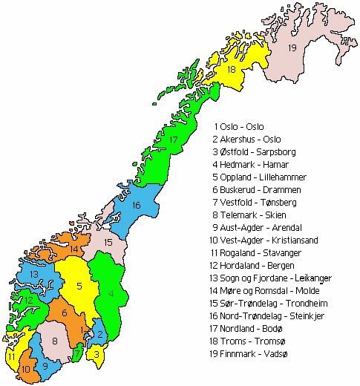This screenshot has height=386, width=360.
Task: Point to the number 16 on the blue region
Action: coord(136,205)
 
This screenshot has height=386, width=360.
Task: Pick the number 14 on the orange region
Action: coord(74,248)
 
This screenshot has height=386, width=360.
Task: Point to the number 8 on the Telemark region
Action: coord(54,341)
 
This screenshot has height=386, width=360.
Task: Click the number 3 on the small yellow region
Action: coord(97,355)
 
